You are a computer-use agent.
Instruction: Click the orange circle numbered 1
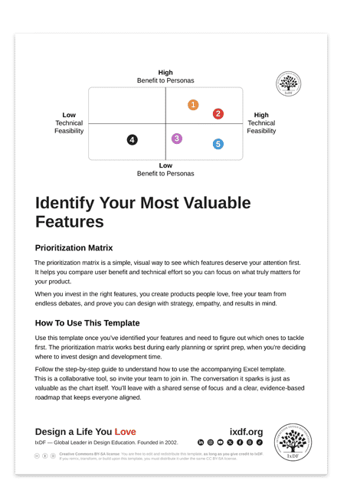pyautogui.click(x=193, y=105)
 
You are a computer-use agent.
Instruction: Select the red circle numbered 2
pyautogui.click(x=218, y=114)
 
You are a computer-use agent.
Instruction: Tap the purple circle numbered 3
pyautogui.click(x=177, y=139)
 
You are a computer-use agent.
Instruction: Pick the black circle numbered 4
pyautogui.click(x=133, y=140)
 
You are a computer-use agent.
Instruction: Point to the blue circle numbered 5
pyautogui.click(x=218, y=144)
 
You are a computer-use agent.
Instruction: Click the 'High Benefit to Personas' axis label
pyautogui.click(x=165, y=77)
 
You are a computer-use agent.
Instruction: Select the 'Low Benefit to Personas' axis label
pyautogui.click(x=165, y=169)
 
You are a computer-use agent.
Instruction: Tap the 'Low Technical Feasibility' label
pyautogui.click(x=69, y=122)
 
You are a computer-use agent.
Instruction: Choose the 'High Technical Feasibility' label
pyautogui.click(x=261, y=122)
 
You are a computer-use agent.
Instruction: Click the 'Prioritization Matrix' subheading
pyautogui.click(x=74, y=248)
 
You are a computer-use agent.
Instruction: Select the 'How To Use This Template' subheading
pyautogui.click(x=87, y=323)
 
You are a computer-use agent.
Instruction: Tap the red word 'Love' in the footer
pyautogui.click(x=125, y=432)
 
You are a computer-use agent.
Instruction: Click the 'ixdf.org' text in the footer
pyautogui.click(x=246, y=432)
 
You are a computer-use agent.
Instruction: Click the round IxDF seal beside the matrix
pyautogui.click(x=288, y=84)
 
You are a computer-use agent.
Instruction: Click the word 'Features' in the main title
pyautogui.click(x=69, y=222)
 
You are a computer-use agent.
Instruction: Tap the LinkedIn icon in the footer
pyautogui.click(x=201, y=443)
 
